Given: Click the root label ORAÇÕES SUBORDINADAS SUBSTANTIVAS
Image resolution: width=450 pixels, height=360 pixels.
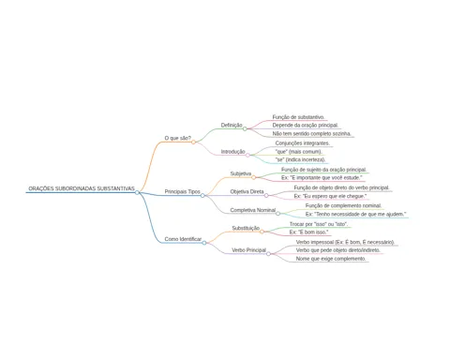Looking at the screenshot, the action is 82,188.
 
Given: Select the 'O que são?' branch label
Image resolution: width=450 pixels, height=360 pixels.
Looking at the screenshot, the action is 178,138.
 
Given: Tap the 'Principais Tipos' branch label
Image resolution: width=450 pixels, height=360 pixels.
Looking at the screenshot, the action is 183,191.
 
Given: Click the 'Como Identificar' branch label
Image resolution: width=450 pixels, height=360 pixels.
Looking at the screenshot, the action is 183,239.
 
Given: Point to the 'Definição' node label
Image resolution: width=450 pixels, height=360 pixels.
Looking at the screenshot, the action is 232,125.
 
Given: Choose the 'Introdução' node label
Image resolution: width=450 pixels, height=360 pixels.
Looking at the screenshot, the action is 233,152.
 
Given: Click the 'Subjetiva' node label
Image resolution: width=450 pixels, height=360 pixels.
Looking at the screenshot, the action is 241,173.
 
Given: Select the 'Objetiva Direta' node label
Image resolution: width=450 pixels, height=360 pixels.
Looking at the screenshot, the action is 247,191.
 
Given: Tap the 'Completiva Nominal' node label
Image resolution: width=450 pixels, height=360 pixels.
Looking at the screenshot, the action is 253,210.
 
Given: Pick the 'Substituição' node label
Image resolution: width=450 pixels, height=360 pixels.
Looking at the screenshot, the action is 246,228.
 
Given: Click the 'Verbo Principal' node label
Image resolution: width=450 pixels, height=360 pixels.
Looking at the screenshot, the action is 248,250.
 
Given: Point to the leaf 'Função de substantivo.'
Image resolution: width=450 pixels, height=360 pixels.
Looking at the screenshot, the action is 298,117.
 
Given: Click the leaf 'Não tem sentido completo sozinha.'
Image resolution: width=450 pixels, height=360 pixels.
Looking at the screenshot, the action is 312,133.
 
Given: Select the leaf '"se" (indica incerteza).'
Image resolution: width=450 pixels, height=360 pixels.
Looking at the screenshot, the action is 300,159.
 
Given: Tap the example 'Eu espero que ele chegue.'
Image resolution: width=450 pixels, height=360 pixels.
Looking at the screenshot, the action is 330,196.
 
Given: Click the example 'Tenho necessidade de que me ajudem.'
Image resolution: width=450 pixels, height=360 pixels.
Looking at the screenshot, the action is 355,214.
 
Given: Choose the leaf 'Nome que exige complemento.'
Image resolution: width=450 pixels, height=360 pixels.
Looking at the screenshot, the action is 331,259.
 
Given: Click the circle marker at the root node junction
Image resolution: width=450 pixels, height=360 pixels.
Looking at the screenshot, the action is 137,192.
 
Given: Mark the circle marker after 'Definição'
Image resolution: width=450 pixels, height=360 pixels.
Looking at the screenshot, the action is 245,128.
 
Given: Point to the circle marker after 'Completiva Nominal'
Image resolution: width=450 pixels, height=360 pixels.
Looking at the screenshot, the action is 277,214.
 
